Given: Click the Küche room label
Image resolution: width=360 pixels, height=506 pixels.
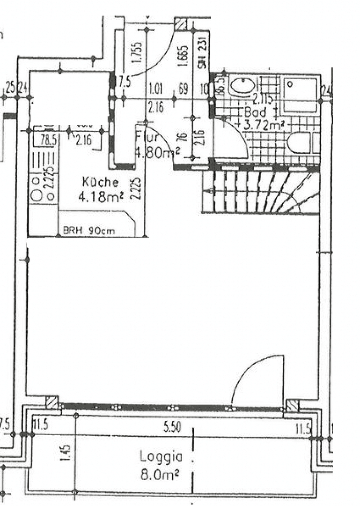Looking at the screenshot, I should tap(100, 182).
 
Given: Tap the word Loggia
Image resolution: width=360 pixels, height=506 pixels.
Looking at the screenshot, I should tap(160, 456).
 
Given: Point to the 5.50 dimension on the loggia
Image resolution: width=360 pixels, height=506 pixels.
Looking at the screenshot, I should tap(172, 427).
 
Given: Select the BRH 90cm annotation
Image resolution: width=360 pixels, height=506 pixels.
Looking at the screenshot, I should tap(89, 231).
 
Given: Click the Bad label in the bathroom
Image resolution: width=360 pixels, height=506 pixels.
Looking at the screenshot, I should tap(255, 112).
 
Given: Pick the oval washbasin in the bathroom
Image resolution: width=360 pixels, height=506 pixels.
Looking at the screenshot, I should tap(242, 85).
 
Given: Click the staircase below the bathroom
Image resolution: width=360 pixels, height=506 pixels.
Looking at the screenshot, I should tap(260, 192).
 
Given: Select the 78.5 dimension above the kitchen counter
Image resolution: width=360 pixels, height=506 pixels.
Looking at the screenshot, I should tap(45, 139).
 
